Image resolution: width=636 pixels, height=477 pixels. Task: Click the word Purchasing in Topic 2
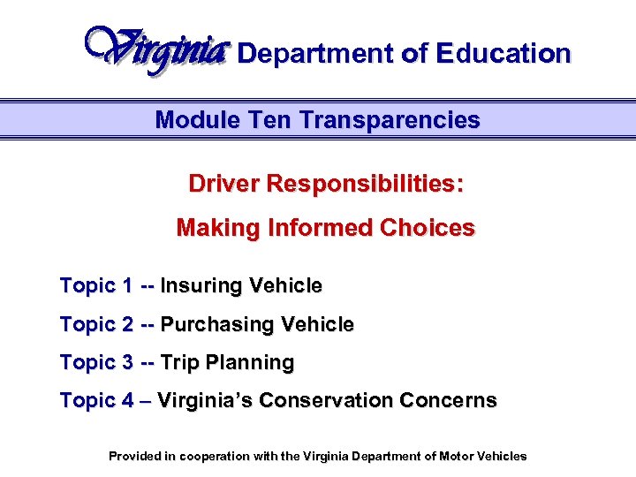point(217,324)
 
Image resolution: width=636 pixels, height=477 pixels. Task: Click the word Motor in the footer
point(447,457)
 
